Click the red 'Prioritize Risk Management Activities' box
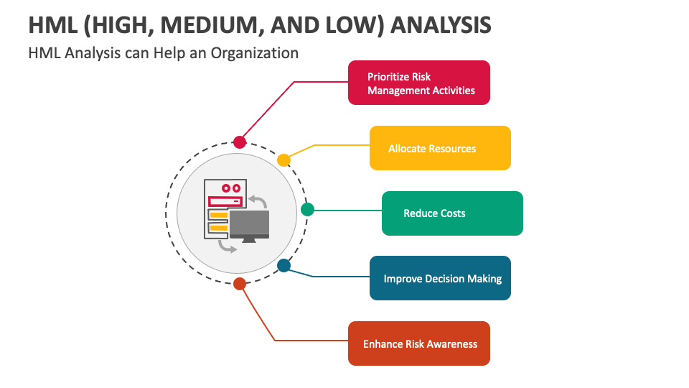pyautogui.click(x=419, y=83)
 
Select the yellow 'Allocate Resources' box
pyautogui.click(x=440, y=148)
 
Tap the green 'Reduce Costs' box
pyautogui.click(x=452, y=213)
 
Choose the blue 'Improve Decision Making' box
pyautogui.click(x=440, y=278)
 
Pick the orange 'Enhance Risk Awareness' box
pyautogui.click(x=419, y=343)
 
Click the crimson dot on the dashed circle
pyautogui.click(x=240, y=142)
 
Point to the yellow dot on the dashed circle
pyautogui.click(x=283, y=160)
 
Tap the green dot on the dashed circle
pyautogui.click(x=307, y=209)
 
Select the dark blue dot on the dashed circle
pyautogui.click(x=283, y=266)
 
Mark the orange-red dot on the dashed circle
pyautogui.click(x=240, y=283)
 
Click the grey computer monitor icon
pyautogui.click(x=249, y=225)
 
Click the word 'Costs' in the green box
pyautogui.click(x=452, y=213)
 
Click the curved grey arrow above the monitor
pyautogui.click(x=257, y=199)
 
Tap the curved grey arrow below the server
pyautogui.click(x=228, y=247)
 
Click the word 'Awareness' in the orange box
pyautogui.click(x=449, y=344)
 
